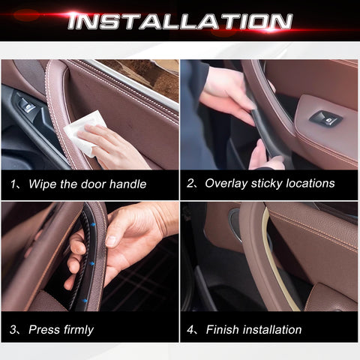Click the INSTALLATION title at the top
coord(180,21)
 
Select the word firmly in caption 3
coord(79,330)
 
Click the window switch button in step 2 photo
coord(325,118)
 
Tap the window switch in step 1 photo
coord(27,106)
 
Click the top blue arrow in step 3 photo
coord(93,224)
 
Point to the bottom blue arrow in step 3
coord(85,300)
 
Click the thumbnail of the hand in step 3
coord(112,241)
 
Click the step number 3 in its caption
coord(13,329)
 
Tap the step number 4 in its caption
coord(190,329)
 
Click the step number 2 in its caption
coord(190,183)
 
